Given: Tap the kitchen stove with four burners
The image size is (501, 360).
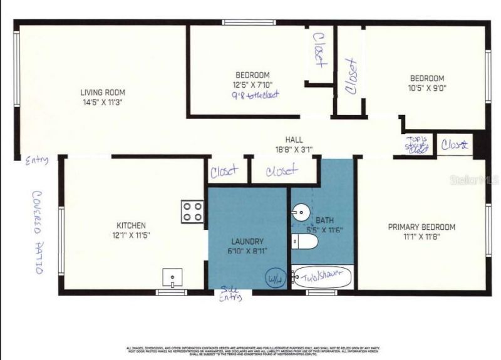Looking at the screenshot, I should tap(192, 212).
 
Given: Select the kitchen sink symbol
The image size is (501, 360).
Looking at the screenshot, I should tap(172, 276).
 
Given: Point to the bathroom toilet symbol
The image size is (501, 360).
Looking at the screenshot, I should tap(305, 241).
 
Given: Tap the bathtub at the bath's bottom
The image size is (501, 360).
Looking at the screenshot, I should tap(323, 277).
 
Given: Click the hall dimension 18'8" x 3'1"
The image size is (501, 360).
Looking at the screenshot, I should tap(294, 150).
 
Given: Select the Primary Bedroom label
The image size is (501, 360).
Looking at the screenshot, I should tap(421, 227).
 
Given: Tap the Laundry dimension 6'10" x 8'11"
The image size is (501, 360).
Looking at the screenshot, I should tap(247, 251).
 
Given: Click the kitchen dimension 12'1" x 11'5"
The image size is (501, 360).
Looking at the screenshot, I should tap(131, 235).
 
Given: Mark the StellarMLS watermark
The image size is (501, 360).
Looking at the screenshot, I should tap(474, 180).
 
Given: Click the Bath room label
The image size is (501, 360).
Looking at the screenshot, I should tap(324, 220).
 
